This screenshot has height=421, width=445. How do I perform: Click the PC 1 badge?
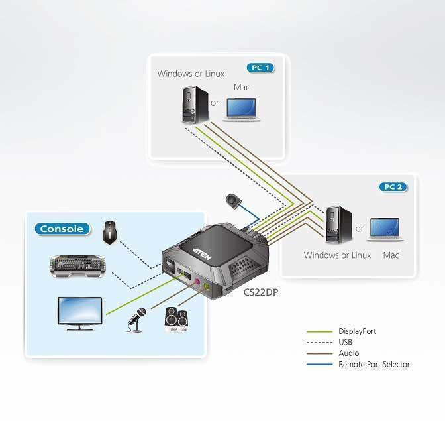click(x=260, y=68)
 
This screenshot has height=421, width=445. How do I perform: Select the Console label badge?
click(x=62, y=229)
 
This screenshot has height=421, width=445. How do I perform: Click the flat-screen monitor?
click(x=79, y=313)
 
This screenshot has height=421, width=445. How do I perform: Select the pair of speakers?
click(x=176, y=320)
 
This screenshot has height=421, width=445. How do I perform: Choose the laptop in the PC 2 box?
click(x=387, y=229)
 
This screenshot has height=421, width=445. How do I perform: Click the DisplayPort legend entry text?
click(x=357, y=331)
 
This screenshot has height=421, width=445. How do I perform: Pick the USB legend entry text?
click(x=346, y=342)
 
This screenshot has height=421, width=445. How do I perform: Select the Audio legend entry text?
click(x=348, y=353)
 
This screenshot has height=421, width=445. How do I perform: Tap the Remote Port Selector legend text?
click(x=374, y=364)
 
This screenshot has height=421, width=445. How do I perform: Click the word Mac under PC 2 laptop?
click(x=391, y=255)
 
